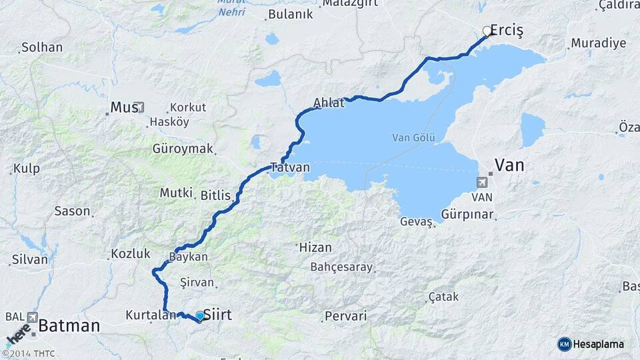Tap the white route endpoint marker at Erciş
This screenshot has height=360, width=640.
pyautogui.click(x=487, y=31)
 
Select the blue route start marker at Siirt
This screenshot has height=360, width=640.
pyautogui.click(x=199, y=315)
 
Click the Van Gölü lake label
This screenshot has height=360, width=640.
pyautogui.click(x=413, y=138)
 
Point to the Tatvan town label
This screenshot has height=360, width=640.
pyautogui.click(x=290, y=167)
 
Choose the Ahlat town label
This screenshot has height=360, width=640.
pyautogui.click(x=329, y=103)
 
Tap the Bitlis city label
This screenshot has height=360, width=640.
pyautogui.click(x=215, y=195)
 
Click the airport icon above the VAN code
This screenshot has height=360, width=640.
pyautogui.click(x=482, y=182)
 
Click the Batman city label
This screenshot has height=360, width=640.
pyautogui.click(x=69, y=326)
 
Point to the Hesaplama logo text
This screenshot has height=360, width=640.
pyautogui.click(x=599, y=344)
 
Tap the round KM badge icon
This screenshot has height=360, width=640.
pyautogui.click(x=565, y=344)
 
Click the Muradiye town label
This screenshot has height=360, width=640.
pyautogui.click(x=598, y=44)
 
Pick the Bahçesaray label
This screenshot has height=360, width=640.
pyautogui.click(x=341, y=267)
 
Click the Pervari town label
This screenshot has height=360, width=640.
pyautogui.click(x=345, y=316)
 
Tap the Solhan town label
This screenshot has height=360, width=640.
pyautogui.click(x=42, y=47)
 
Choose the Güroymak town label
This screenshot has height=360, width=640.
pyautogui.click(x=183, y=149)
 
